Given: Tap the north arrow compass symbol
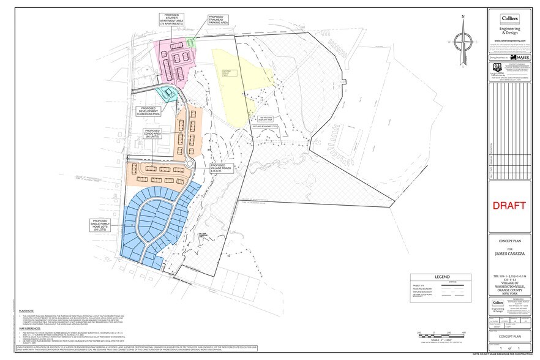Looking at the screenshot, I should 463,42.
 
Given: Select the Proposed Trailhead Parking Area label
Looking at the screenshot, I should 218,20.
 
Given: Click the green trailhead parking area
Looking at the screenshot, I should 191,42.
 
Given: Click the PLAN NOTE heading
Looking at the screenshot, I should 26,311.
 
